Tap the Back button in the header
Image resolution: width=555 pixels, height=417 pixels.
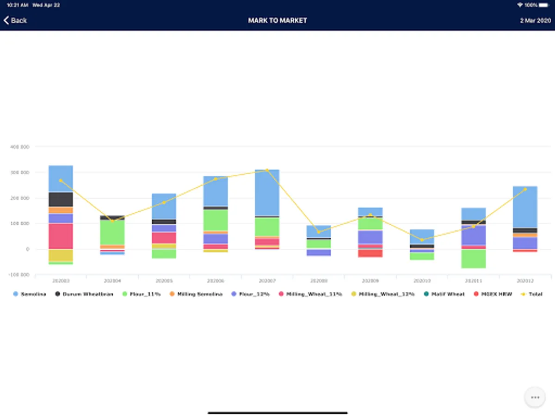[x=15, y=20]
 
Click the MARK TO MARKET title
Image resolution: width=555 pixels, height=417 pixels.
[x=277, y=20]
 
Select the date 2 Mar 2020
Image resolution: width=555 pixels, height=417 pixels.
[x=535, y=20]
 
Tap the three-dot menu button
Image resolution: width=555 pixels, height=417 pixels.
[x=535, y=397]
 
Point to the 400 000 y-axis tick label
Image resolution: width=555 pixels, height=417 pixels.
[x=20, y=147]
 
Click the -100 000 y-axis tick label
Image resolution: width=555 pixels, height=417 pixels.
[x=19, y=275]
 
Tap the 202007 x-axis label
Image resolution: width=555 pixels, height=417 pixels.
[x=267, y=281]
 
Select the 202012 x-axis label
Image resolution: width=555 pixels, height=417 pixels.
[x=525, y=281]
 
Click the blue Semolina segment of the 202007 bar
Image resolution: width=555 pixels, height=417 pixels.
[x=267, y=192]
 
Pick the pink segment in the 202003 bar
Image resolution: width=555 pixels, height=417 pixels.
[x=61, y=236]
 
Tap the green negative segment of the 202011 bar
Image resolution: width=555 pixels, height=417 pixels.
[x=474, y=259]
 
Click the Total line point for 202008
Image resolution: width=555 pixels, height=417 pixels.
[x=319, y=232]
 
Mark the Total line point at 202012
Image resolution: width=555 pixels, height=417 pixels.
[x=525, y=189]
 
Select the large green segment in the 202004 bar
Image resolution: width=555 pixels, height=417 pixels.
[x=112, y=232]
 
